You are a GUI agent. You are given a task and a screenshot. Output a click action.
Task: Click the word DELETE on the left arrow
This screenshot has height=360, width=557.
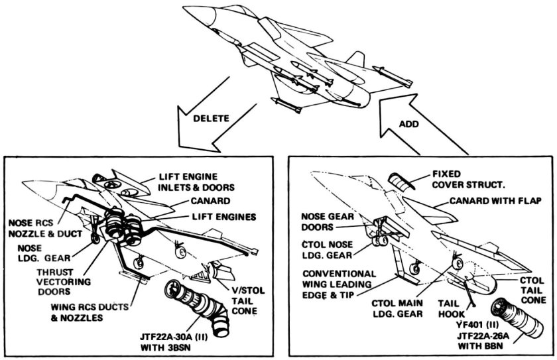212,118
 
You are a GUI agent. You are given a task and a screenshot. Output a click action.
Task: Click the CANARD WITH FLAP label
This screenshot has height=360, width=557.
495,201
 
